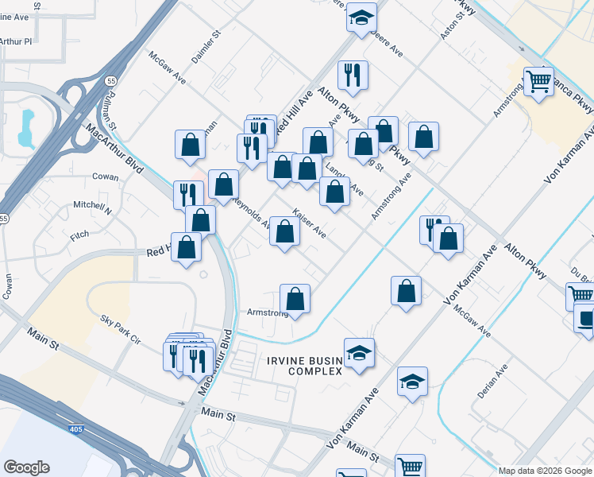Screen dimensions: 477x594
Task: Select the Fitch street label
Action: coord(79,236)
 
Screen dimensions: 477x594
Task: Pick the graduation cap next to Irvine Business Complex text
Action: coord(359,352)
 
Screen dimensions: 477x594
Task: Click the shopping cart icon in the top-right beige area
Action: coord(538,81)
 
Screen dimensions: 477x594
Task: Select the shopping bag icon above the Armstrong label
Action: coord(295,299)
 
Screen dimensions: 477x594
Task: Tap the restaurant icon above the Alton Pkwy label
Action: coord(353,76)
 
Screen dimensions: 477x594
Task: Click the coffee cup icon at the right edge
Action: coord(586,319)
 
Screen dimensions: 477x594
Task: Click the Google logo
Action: coord(26,467)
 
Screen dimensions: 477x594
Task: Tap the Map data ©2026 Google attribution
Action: coord(545,471)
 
